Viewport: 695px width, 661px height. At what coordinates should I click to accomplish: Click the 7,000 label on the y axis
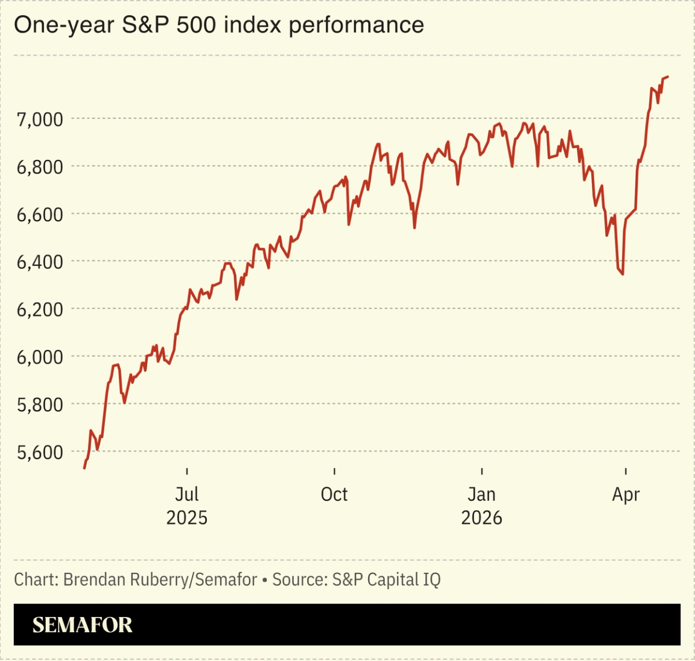pos(40,119)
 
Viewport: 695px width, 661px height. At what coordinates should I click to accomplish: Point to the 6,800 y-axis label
pos(40,167)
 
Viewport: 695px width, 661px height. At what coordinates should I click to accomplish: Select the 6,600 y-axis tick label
pos(40,215)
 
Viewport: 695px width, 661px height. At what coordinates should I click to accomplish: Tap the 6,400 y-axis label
pos(40,262)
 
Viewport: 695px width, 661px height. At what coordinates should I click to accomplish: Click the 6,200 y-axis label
pos(40,309)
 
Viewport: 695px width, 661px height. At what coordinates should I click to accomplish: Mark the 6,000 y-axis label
pos(40,357)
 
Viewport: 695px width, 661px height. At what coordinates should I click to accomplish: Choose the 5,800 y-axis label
pos(40,405)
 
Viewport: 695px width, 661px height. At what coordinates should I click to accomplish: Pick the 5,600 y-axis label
pos(40,452)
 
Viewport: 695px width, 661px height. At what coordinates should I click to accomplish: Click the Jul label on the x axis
pos(187,495)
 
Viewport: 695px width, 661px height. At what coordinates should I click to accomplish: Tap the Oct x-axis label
pos(334,495)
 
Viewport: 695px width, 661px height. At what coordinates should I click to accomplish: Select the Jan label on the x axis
pos(481,495)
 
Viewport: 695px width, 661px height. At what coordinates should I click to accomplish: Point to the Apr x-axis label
pos(626,495)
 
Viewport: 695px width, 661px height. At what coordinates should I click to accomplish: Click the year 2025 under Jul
pos(187,518)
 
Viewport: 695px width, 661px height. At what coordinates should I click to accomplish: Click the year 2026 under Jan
pos(481,518)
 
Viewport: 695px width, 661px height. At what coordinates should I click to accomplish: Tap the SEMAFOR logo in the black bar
pos(82,625)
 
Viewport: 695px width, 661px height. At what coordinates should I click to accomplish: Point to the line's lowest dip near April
pos(622,274)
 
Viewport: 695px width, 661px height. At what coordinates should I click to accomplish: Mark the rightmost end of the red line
pos(668,77)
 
